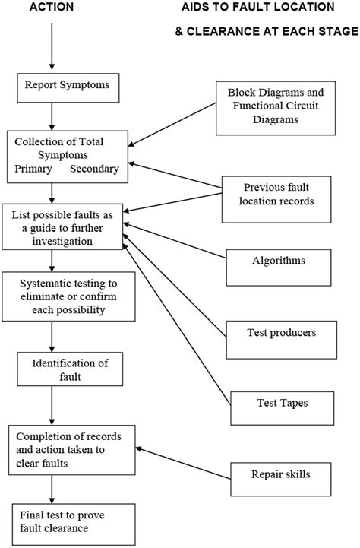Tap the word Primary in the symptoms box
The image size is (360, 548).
point(34,169)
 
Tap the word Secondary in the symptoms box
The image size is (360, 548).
point(94,169)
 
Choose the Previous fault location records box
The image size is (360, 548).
point(279,195)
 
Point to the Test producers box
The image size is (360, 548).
point(281,332)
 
